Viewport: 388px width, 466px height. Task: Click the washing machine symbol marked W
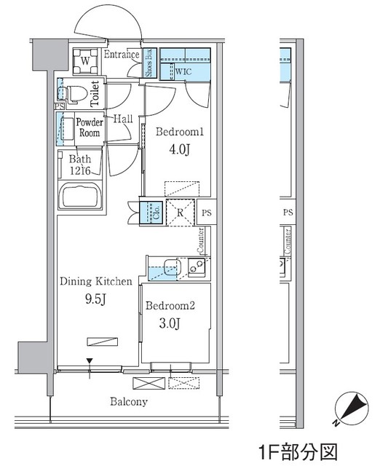coord(85,61)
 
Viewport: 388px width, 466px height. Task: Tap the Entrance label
coord(122,55)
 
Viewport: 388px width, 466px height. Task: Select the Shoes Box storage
coord(149,63)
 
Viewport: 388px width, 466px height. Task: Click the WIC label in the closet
coord(183,71)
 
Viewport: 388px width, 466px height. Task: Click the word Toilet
coord(95,94)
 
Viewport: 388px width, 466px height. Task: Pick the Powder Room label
coord(90,127)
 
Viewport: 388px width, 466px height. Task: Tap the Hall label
coord(123,119)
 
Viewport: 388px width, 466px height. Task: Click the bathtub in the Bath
coord(80,195)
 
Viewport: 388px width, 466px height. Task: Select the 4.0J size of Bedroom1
coord(180,150)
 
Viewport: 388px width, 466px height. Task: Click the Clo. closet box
coord(151,213)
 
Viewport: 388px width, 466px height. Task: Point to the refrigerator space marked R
coord(180,213)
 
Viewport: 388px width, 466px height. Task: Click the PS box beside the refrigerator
coord(207,213)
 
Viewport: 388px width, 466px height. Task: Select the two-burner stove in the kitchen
coord(196,266)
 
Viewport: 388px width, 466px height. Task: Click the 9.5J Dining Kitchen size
coord(95,299)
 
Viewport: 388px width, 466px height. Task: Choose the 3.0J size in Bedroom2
coord(170,323)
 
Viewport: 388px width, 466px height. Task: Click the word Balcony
coord(129,401)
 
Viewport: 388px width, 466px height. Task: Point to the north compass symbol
coord(351,408)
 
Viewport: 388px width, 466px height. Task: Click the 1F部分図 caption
coord(298,452)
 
